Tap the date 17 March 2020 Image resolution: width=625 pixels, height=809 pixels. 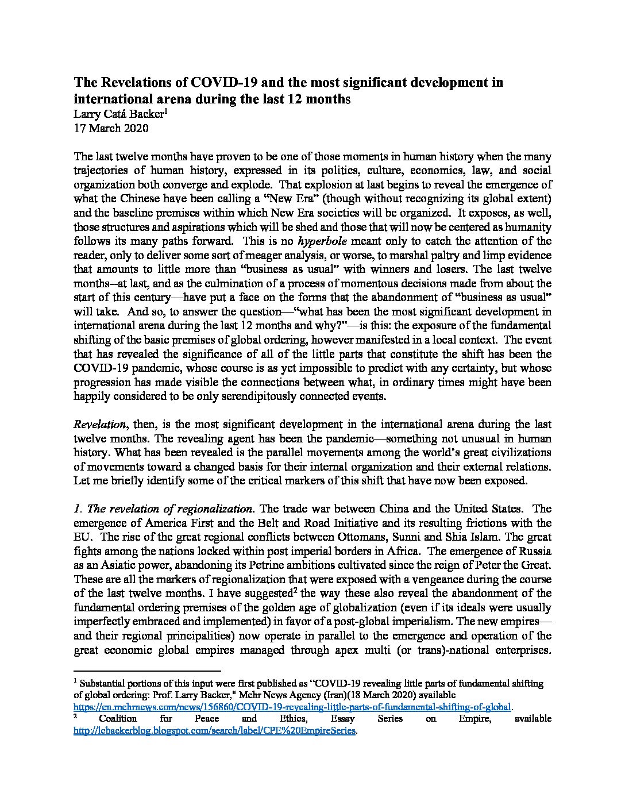point(111,128)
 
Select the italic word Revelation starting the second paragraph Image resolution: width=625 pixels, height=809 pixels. point(99,425)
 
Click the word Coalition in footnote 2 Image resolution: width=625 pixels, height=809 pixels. point(118,719)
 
